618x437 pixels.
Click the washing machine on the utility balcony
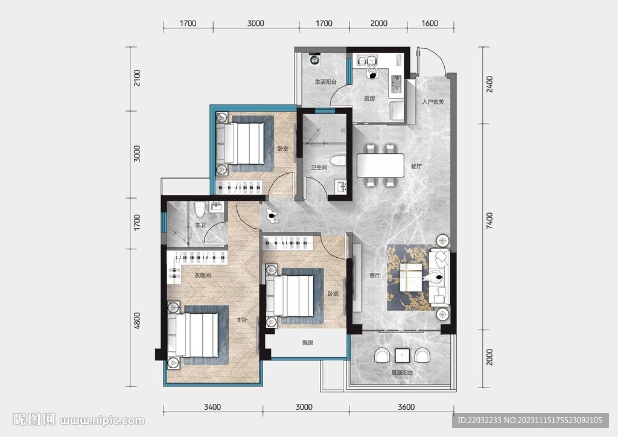(x=314, y=59)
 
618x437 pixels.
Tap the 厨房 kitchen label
(x=369, y=98)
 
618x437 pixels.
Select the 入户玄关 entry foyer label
(x=433, y=102)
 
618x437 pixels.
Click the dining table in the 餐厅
(x=380, y=165)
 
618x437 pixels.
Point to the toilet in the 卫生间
(x=338, y=161)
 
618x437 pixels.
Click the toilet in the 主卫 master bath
(x=200, y=209)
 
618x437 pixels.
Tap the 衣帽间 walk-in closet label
(x=203, y=275)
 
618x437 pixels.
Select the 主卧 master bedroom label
(x=241, y=320)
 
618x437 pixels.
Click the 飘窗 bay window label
(x=308, y=343)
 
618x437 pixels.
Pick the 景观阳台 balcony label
(x=402, y=372)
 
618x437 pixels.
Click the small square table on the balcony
(x=402, y=356)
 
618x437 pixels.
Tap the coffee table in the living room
(x=410, y=278)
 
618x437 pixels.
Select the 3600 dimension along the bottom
(x=406, y=407)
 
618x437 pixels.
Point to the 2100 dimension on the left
(x=137, y=78)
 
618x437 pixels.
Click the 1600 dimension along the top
(x=430, y=24)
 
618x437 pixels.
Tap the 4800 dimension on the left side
(x=137, y=321)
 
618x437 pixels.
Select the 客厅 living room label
(x=375, y=275)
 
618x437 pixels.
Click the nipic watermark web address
(x=102, y=421)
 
